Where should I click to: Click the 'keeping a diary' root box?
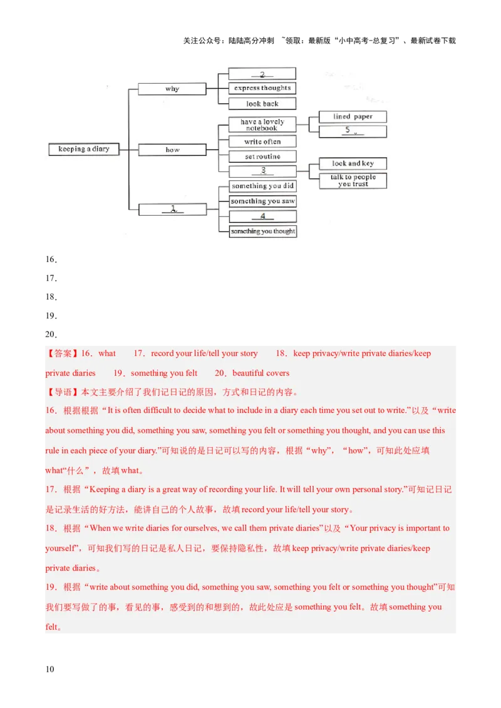click(x=84, y=149)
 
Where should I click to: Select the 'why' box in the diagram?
click(x=172, y=89)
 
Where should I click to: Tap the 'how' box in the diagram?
click(x=172, y=150)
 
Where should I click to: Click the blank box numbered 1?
click(x=172, y=210)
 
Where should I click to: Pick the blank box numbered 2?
click(x=262, y=74)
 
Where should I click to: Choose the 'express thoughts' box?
click(x=262, y=88)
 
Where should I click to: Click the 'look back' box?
click(x=262, y=104)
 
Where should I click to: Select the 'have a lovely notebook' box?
click(x=262, y=125)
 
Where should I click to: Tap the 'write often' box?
click(x=262, y=141)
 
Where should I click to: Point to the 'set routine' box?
click(x=262, y=156)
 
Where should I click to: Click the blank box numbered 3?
click(x=262, y=171)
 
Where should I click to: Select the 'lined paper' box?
click(x=353, y=117)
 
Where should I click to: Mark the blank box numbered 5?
click(x=353, y=131)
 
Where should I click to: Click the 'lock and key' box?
click(x=353, y=163)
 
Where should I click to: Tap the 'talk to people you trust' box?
click(x=353, y=181)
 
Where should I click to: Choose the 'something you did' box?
click(x=262, y=186)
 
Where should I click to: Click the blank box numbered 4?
click(x=262, y=216)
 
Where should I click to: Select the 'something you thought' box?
click(x=262, y=231)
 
